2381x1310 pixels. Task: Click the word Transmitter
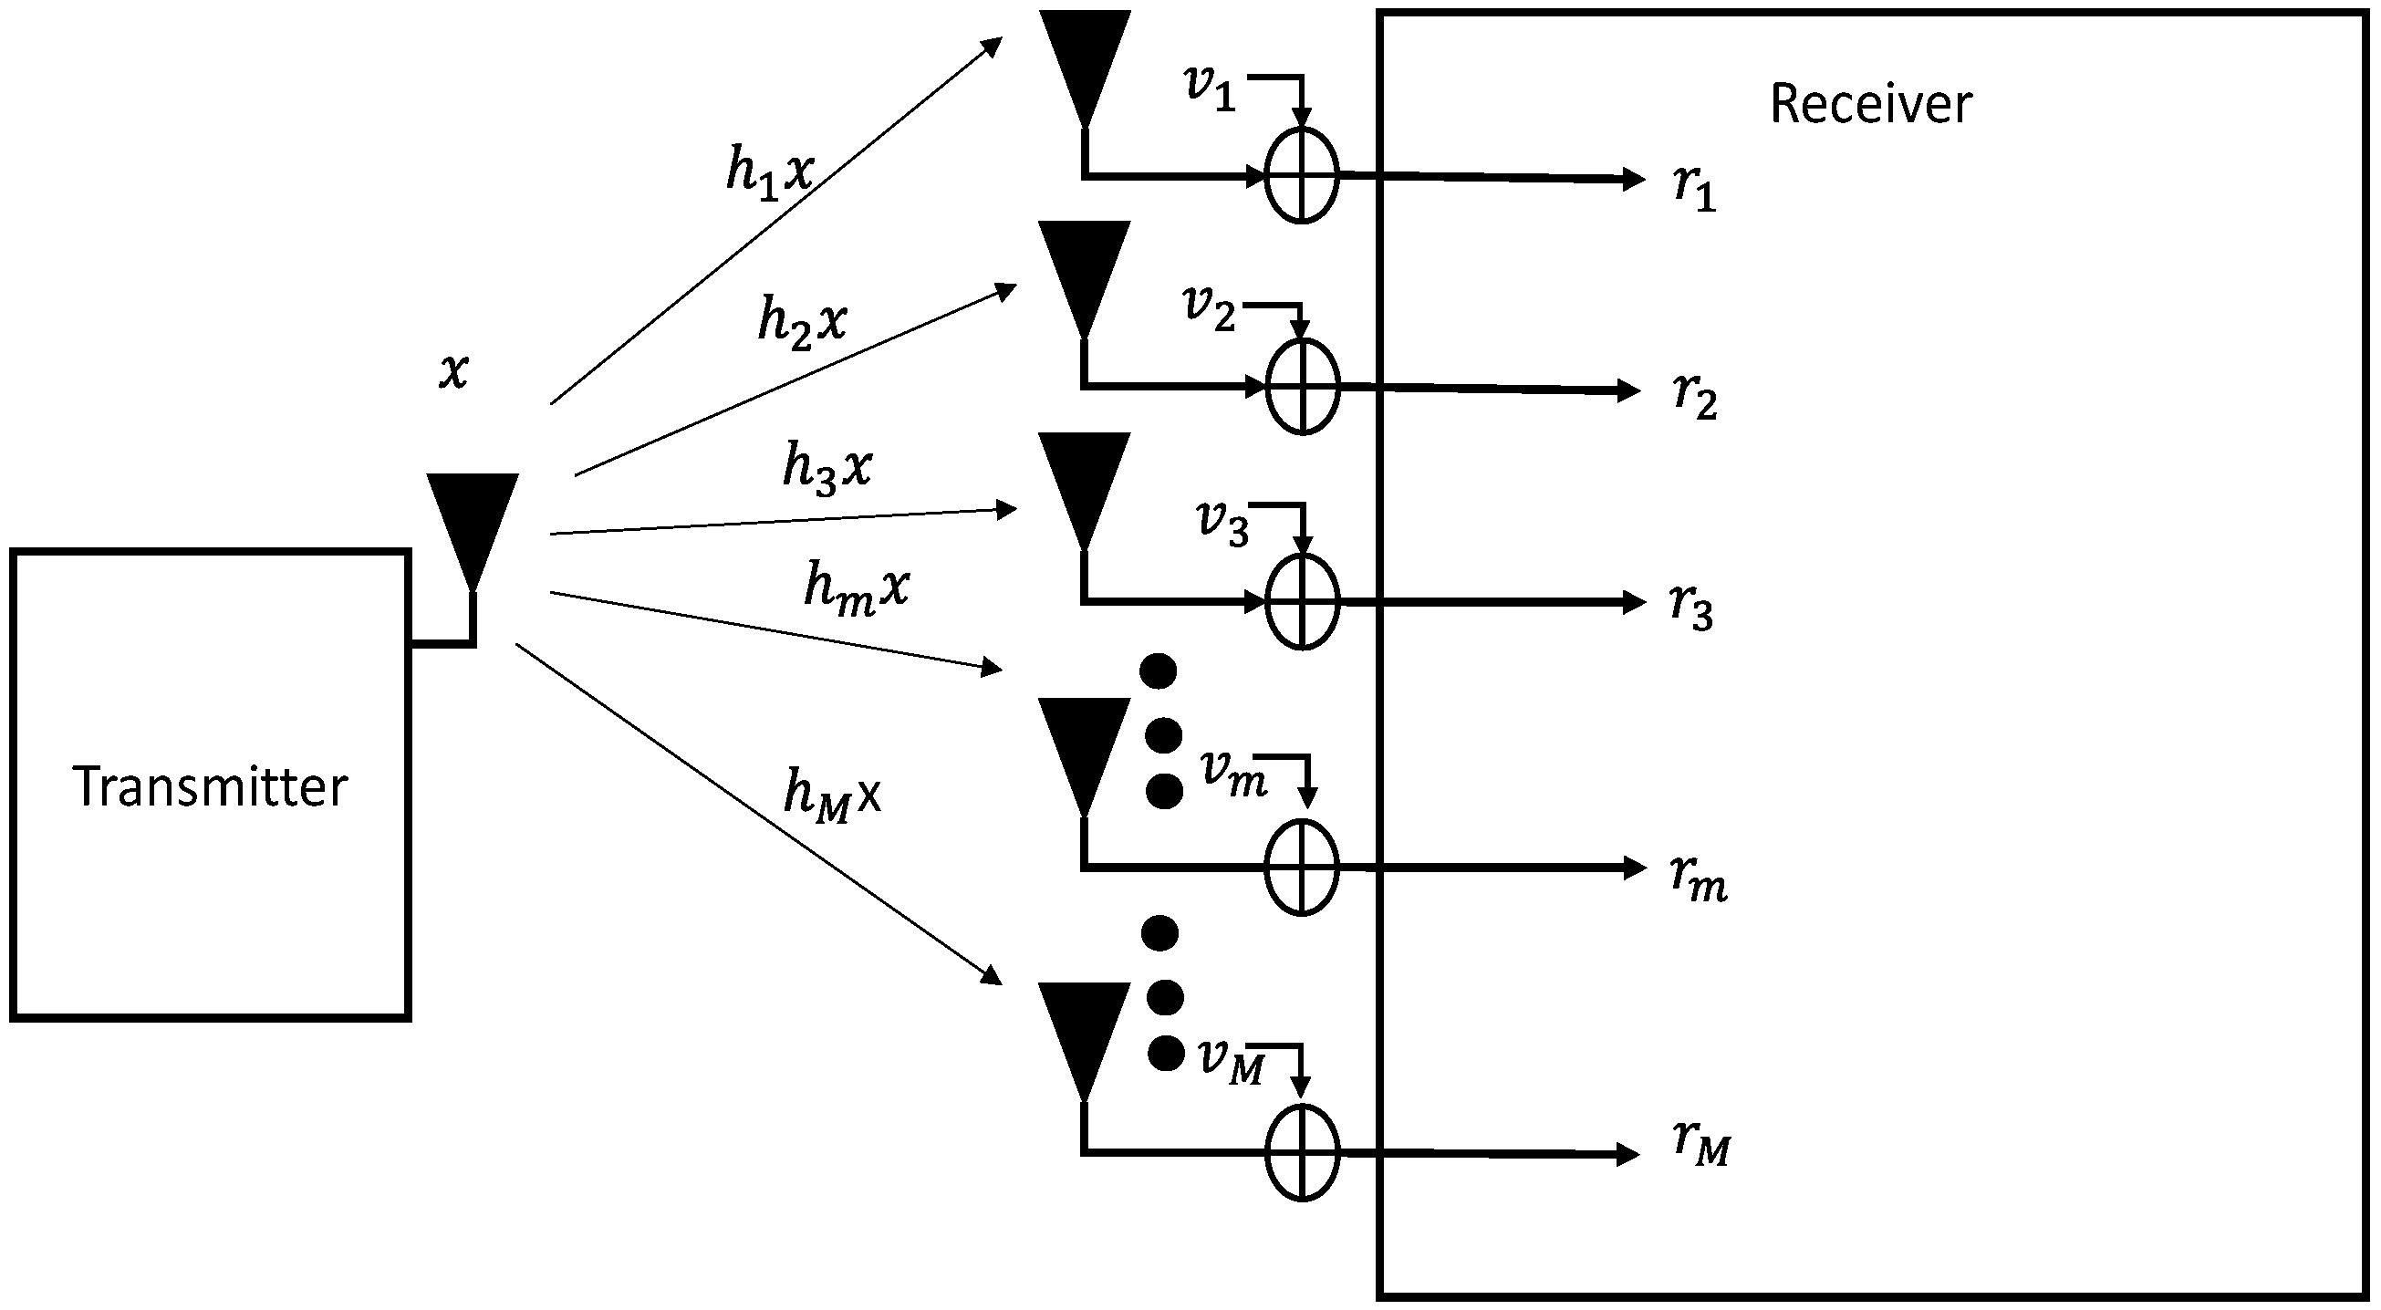(x=210, y=786)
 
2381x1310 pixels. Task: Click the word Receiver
(x=1870, y=104)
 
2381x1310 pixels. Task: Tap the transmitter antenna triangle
(x=473, y=523)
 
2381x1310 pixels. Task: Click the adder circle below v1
(x=1301, y=176)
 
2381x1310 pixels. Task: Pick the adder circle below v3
(x=1302, y=602)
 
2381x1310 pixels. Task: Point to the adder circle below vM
(x=1302, y=1153)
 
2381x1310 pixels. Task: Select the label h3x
(x=827, y=468)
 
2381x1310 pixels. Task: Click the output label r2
(x=1694, y=395)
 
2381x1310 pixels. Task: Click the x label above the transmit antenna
(x=452, y=370)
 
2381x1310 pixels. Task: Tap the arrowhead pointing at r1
(x=1634, y=179)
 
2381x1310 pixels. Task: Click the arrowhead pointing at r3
(x=1634, y=603)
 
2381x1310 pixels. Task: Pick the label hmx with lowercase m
(x=856, y=589)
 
